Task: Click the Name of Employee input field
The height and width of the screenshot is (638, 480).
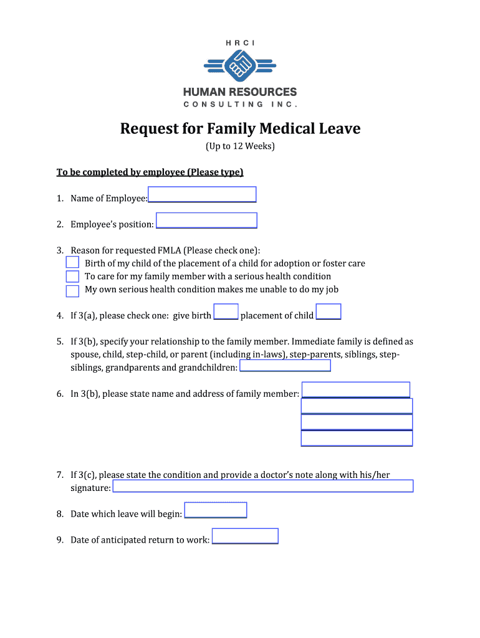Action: [202, 194]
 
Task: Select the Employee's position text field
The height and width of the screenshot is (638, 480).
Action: [206, 221]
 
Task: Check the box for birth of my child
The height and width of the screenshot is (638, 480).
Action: [72, 263]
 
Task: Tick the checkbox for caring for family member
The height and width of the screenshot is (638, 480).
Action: [72, 276]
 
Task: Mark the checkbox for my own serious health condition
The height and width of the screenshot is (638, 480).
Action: [72, 290]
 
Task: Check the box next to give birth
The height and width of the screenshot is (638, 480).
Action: [226, 312]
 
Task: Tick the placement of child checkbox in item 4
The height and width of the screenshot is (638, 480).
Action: [329, 312]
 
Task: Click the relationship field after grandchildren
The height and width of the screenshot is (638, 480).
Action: [285, 366]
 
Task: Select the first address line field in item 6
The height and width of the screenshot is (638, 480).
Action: [355, 390]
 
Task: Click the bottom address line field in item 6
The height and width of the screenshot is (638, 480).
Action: [357, 438]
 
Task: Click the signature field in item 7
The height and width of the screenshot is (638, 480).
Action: [262, 486]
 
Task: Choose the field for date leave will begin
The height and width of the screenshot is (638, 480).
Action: [216, 510]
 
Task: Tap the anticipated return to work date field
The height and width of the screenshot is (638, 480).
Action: [245, 536]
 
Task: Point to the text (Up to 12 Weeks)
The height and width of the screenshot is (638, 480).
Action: [240, 147]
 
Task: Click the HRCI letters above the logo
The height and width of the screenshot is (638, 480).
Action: [240, 42]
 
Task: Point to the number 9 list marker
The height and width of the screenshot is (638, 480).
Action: [60, 540]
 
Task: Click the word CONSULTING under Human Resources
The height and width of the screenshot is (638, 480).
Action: [223, 104]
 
